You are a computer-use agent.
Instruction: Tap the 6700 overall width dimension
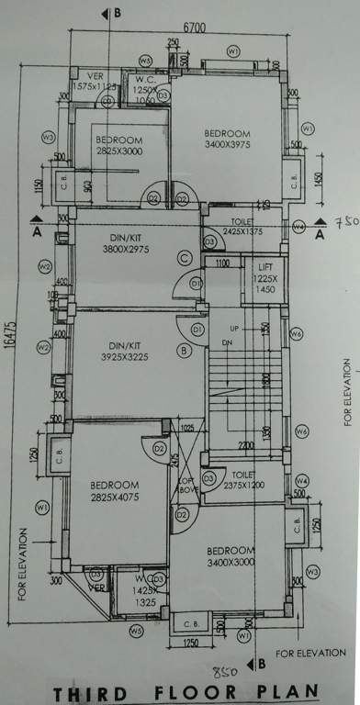tap(194, 28)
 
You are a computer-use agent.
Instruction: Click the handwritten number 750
tap(344, 223)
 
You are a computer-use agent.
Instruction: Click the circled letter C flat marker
tap(185, 259)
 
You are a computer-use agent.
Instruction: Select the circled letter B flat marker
tap(185, 350)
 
